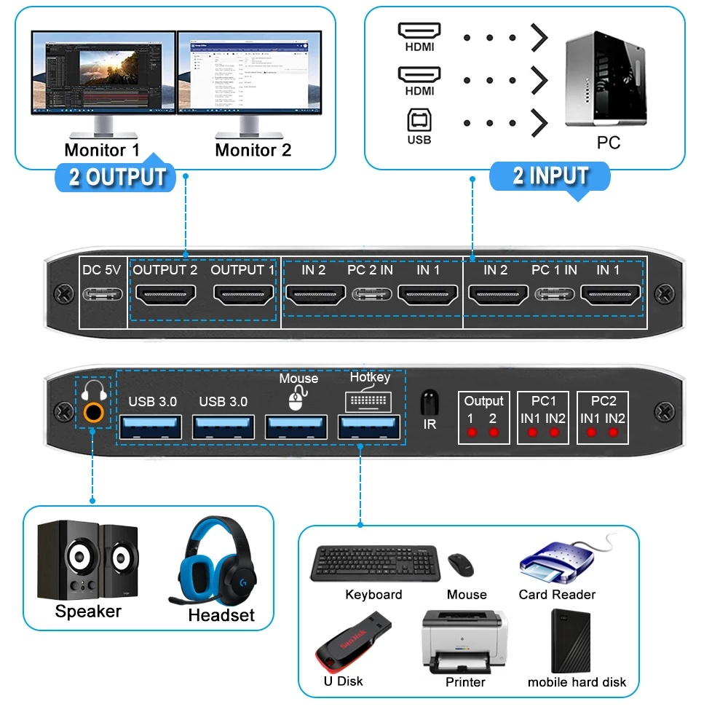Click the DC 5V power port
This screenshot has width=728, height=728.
102,295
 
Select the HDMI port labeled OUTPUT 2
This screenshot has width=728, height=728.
166,295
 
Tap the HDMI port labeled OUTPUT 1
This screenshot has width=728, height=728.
243,295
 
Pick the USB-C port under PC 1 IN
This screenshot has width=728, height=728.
554,295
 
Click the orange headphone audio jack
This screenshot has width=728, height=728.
92,413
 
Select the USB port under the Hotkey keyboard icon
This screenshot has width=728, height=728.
369,427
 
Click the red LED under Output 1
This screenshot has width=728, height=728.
471,432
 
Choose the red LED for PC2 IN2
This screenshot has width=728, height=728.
614,432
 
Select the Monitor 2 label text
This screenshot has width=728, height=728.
253,151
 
